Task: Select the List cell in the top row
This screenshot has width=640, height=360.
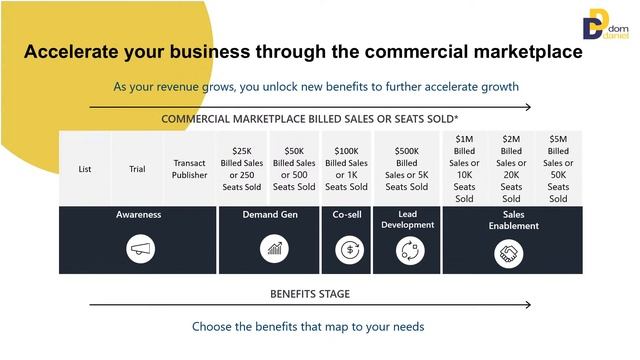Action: (x=84, y=169)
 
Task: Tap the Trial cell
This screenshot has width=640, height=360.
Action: (x=137, y=169)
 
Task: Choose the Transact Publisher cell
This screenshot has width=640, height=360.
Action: (x=190, y=169)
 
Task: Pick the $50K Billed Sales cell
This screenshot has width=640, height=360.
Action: (x=294, y=169)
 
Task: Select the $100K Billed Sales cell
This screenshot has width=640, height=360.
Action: (x=346, y=169)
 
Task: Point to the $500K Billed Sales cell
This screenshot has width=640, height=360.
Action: (x=406, y=169)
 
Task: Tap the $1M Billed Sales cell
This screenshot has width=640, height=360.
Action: (x=464, y=169)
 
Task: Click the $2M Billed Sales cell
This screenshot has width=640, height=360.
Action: (x=511, y=169)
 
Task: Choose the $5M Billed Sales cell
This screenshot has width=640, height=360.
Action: (x=558, y=169)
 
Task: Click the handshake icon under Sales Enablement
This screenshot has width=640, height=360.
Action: (x=509, y=254)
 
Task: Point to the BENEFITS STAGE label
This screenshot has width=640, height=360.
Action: (x=310, y=294)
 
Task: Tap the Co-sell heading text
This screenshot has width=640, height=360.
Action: (x=348, y=214)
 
